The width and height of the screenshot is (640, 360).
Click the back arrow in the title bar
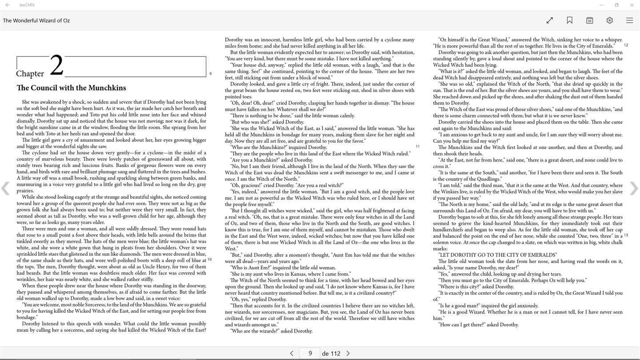click(8, 5)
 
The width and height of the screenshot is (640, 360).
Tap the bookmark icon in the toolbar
click(569, 20)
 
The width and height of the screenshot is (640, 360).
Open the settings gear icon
click(609, 20)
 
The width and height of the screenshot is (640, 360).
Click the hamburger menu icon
click(629, 20)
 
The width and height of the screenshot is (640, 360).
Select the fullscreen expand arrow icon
click(549, 20)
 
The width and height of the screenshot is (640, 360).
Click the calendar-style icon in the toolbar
click(589, 20)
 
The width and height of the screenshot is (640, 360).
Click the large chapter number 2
click(56, 66)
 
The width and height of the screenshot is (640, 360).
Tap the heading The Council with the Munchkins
click(71, 88)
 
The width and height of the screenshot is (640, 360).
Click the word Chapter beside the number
click(30, 74)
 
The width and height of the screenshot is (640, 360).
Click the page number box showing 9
click(310, 353)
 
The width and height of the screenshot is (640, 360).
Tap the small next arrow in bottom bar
click(348, 353)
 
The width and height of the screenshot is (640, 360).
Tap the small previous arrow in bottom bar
click(292, 353)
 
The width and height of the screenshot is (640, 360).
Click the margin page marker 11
click(417, 146)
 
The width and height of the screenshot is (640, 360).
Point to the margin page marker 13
click(626, 235)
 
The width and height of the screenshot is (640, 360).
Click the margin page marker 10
click(209, 260)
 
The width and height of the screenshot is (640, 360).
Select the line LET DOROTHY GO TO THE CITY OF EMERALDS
click(497, 255)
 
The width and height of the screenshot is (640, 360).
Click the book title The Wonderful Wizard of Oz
click(36, 20)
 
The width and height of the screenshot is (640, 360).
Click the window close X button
click(632, 5)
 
